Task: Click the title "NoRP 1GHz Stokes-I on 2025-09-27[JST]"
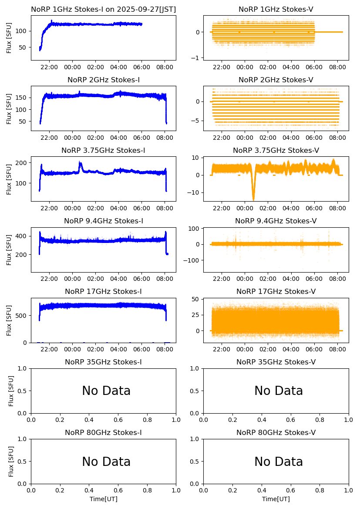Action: click(x=104, y=10)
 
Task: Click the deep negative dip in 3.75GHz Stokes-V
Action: click(x=253, y=198)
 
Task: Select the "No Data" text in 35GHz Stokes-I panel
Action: click(x=106, y=391)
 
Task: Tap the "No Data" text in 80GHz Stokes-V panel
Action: click(x=279, y=462)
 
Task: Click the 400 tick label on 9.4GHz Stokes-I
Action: click(x=22, y=236)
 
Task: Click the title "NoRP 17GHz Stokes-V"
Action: click(x=276, y=292)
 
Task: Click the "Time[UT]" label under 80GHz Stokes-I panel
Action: click(x=104, y=499)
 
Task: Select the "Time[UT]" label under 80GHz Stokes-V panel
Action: click(x=276, y=499)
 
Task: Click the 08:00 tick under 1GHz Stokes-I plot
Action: click(x=165, y=67)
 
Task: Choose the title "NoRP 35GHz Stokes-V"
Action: click(x=276, y=362)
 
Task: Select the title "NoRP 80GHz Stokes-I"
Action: click(x=104, y=433)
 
